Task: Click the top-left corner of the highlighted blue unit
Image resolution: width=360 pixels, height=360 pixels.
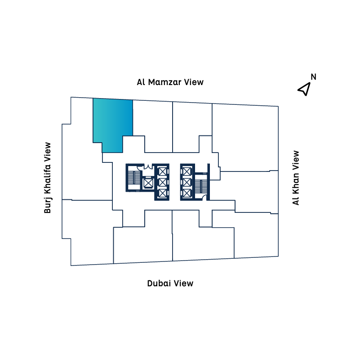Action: [93, 99]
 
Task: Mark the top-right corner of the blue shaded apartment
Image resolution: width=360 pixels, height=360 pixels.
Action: [133, 100]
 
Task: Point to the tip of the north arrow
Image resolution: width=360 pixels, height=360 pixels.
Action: [310, 83]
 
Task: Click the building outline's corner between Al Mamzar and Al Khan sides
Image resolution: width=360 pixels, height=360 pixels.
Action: [278, 106]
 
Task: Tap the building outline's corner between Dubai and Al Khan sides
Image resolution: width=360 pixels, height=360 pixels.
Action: [278, 256]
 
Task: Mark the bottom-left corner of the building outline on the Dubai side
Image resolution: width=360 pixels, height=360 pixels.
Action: [71, 265]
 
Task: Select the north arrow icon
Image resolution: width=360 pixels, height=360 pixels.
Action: [304, 89]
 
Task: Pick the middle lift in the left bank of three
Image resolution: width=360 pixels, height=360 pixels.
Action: [162, 182]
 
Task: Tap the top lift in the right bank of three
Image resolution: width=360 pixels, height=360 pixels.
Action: [187, 171]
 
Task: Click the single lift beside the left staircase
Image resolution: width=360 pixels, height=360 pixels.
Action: [147, 183]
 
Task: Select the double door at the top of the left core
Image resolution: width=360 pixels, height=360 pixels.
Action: [148, 166]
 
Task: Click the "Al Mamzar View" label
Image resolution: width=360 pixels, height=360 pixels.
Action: [170, 82]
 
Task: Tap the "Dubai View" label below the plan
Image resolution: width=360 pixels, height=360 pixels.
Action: [170, 283]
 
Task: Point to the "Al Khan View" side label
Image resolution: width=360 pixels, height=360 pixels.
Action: [296, 178]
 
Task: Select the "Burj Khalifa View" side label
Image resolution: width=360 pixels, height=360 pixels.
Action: [47, 178]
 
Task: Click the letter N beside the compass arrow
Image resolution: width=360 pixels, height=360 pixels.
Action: [313, 77]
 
